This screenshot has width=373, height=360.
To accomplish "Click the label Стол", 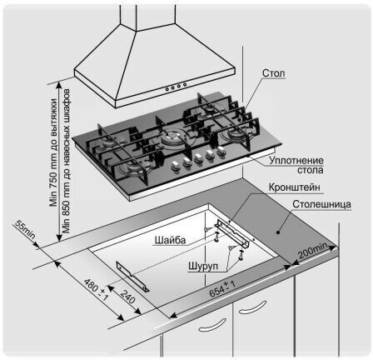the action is pyautogui.click(x=274, y=73).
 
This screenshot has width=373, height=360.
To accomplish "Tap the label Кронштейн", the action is pyautogui.click(x=294, y=187).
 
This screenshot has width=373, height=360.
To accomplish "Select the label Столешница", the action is pyautogui.click(x=321, y=204).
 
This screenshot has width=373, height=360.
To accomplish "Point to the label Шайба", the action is pyautogui.click(x=170, y=240).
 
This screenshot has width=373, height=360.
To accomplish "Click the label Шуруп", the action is pyautogui.click(x=203, y=266).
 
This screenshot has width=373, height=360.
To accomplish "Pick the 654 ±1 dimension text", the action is pyautogui.click(x=222, y=288).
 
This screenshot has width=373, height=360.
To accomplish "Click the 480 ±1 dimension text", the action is pyautogui.click(x=96, y=289).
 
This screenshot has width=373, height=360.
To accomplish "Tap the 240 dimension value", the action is pyautogui.click(x=128, y=297).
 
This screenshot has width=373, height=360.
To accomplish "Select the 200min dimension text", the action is pyautogui.click(x=312, y=251).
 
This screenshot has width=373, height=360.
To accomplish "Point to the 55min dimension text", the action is pyautogui.click(x=25, y=230).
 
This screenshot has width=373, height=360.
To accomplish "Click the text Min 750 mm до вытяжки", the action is pyautogui.click(x=53, y=152).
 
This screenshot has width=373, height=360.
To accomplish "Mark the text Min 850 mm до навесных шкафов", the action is pyautogui.click(x=66, y=161).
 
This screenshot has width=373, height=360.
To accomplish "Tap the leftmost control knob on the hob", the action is pyautogui.click(x=175, y=165).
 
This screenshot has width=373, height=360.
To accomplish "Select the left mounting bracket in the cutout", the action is pyautogui.click(x=132, y=277).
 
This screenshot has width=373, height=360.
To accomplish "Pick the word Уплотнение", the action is pyautogui.click(x=296, y=160).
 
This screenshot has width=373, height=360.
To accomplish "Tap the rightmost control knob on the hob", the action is pyautogui.click(x=221, y=150).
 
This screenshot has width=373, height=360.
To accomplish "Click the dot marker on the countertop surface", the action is pyautogui.click(x=278, y=232).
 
